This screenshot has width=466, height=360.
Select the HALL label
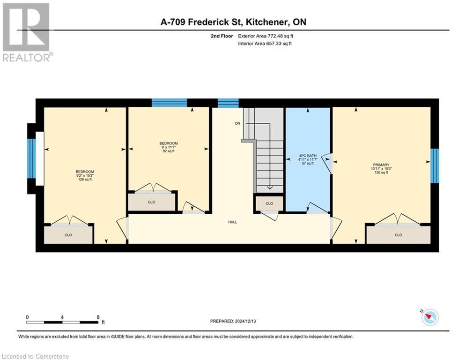pos(232,222)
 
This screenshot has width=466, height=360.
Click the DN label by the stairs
pos(237,124)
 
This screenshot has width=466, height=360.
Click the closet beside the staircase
pos(269,203)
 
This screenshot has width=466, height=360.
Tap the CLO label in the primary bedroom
pos(398,235)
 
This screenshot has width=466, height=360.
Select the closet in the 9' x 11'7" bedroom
pos(151,202)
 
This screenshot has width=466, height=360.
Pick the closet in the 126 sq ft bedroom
pos(68,234)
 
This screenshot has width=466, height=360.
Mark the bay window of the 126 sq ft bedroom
pos(31,158)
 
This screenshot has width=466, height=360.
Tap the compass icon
pos(429,317)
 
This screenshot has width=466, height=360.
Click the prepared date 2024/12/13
pos(233,321)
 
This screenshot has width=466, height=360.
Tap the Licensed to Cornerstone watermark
pos(36,357)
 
